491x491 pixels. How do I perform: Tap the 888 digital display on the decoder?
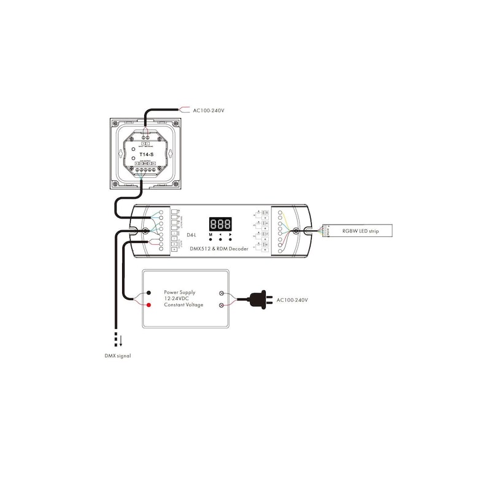point(220,224)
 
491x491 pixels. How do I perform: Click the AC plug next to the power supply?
point(260,300)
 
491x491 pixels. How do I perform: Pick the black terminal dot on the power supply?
point(149,293)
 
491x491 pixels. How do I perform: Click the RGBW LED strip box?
point(360,231)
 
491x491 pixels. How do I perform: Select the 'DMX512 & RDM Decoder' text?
point(220,247)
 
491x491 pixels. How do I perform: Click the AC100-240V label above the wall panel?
point(209,111)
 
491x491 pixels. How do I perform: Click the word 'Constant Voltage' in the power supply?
point(183,304)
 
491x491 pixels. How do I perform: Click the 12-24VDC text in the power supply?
point(177,298)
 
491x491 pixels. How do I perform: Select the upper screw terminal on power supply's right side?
point(222,293)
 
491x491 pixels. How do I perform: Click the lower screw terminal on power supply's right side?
point(222,304)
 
